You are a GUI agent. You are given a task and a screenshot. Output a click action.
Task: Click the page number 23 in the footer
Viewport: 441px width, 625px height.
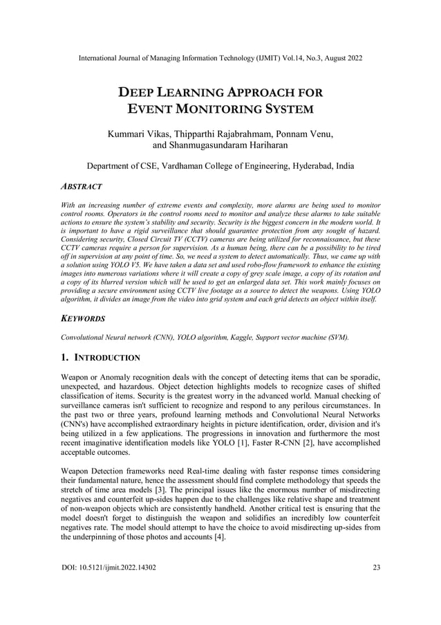pos(376,568)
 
